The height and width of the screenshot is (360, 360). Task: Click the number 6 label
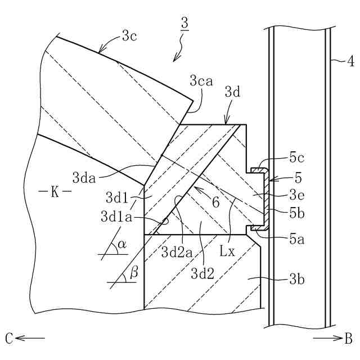tap(215, 203)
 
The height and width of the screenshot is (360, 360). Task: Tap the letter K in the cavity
tap(55, 192)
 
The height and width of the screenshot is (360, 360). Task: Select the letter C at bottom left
tap(9, 338)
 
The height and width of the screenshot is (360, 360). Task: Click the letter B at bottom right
tap(348, 338)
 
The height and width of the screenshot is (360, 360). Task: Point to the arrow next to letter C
tap(31, 338)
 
